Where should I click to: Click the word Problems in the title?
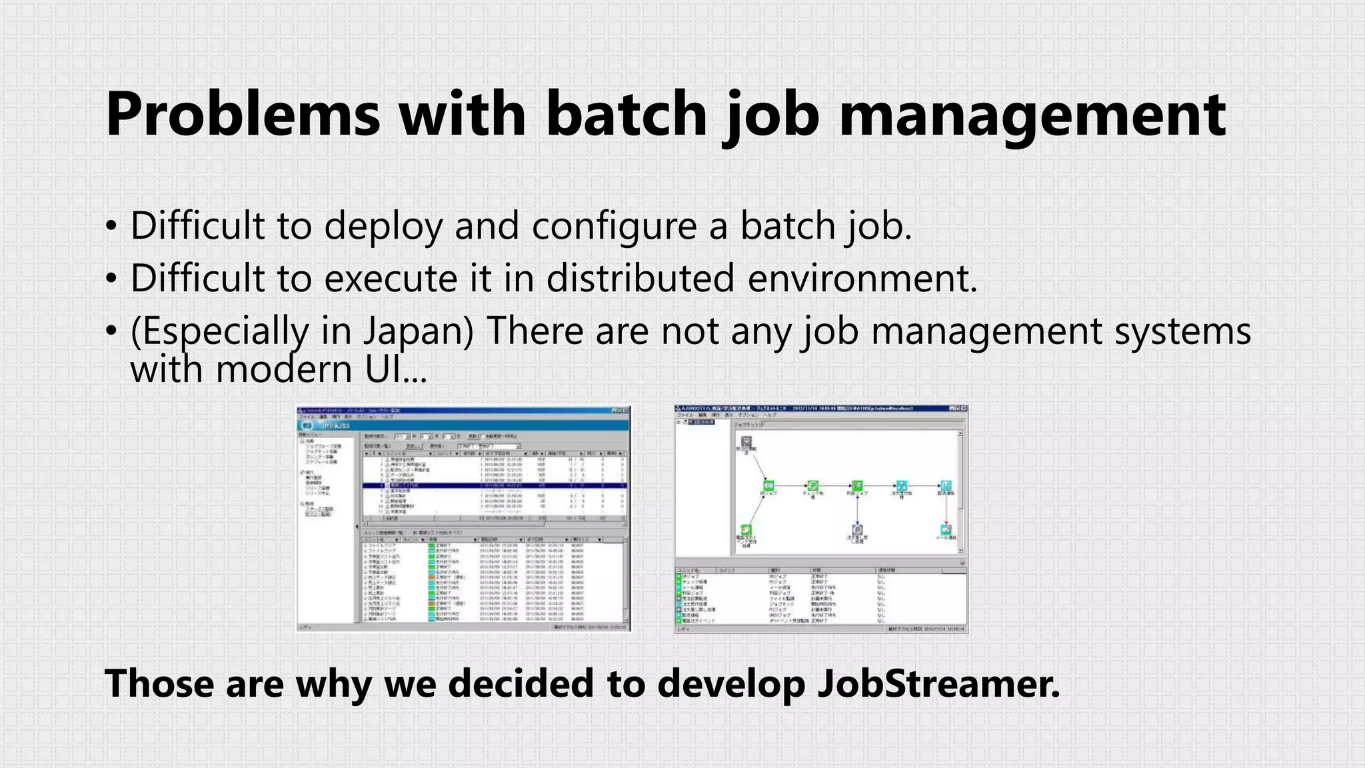point(243,115)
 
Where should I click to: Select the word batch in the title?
point(627,115)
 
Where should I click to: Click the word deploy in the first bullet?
point(383,227)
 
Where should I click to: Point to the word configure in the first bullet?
point(613,227)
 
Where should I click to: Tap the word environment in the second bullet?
point(861,279)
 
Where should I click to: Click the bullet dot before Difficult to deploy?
point(111,227)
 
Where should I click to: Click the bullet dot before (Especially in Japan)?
point(111,331)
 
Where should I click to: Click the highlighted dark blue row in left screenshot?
point(494,486)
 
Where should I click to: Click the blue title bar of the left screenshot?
point(463,425)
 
